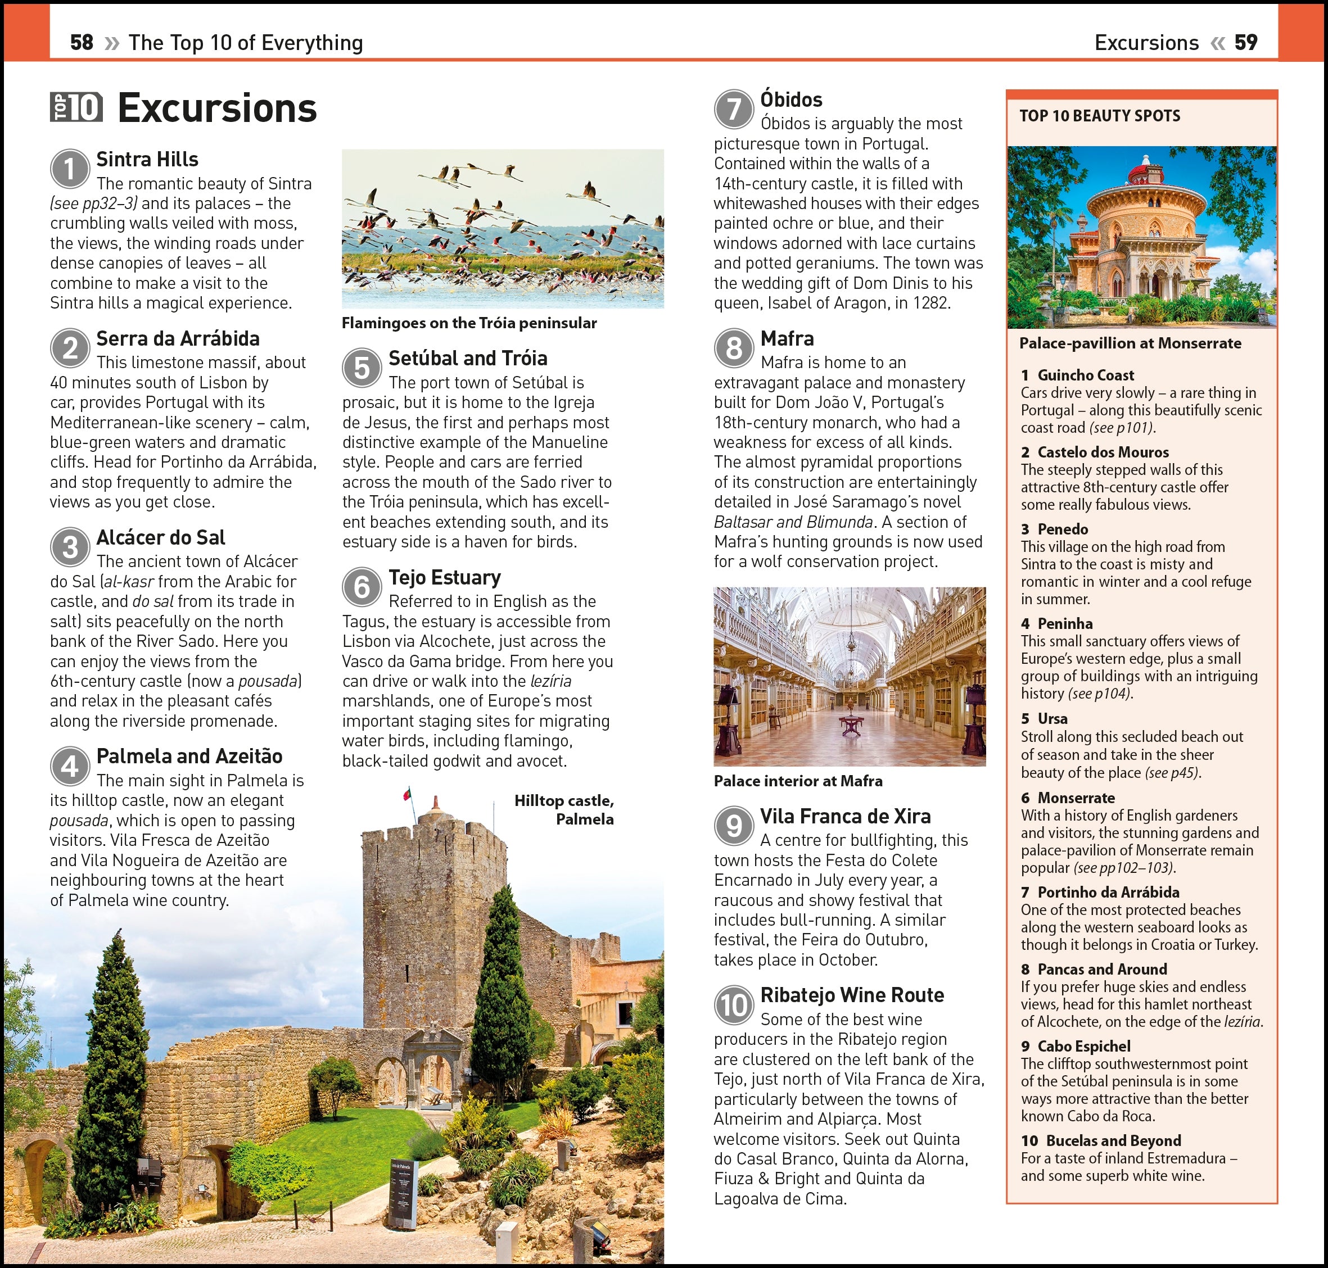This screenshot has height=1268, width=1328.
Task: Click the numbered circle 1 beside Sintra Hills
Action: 70,169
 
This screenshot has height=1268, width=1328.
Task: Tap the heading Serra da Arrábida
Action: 178,338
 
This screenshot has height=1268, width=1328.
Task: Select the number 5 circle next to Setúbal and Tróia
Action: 362,368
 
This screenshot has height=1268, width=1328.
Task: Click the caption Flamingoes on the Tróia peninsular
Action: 468,323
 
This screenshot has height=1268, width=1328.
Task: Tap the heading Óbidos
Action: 791,100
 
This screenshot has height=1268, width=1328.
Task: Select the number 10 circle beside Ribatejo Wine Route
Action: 734,1005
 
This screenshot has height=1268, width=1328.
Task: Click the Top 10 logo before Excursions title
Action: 76,107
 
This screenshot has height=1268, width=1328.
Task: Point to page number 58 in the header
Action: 81,43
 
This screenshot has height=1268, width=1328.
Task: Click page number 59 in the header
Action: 1246,43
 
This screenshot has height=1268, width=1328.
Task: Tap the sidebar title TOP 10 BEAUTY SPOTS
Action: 1100,116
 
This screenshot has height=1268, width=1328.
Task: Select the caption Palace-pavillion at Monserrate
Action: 1130,343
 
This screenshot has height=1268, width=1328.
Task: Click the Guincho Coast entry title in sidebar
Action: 1085,375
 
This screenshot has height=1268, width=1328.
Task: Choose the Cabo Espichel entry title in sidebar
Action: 1084,1047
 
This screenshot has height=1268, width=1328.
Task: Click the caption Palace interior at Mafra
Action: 798,781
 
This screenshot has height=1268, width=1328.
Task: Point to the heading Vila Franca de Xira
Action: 845,817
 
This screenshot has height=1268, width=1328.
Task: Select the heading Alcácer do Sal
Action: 161,538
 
